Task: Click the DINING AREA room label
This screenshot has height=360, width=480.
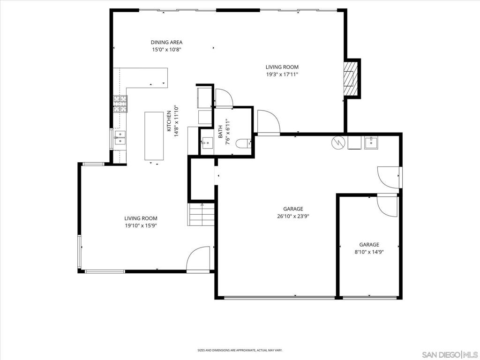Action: pyautogui.click(x=166, y=42)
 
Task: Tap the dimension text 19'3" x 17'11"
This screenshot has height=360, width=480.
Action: pyautogui.click(x=282, y=74)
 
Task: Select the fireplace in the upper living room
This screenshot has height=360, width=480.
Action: pyautogui.click(x=351, y=78)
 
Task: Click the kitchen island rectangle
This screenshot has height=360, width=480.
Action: pyautogui.click(x=154, y=136)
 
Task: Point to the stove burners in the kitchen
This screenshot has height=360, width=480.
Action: pyautogui.click(x=120, y=104)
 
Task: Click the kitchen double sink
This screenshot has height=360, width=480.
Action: pyautogui.click(x=120, y=137)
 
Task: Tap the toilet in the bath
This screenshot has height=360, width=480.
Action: pyautogui.click(x=244, y=143)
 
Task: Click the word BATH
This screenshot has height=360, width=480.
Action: pyautogui.click(x=220, y=132)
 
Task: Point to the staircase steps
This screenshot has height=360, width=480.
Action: pyautogui.click(x=201, y=215)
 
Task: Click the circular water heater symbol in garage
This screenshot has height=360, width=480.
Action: pyautogui.click(x=338, y=142)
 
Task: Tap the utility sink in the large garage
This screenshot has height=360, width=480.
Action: pyautogui.click(x=371, y=142)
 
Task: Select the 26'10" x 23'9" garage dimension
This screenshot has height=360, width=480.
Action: pyautogui.click(x=293, y=216)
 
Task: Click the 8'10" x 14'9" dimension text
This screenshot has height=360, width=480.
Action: pyautogui.click(x=369, y=252)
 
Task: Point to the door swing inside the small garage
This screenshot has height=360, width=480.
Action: pyautogui.click(x=387, y=205)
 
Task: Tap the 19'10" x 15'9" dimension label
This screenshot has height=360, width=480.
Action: pyautogui.click(x=141, y=225)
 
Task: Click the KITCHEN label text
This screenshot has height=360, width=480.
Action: pyautogui.click(x=169, y=121)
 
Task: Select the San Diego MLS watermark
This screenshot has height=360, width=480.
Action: pyautogui.click(x=450, y=354)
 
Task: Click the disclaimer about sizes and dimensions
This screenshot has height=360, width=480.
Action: pyautogui.click(x=240, y=350)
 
